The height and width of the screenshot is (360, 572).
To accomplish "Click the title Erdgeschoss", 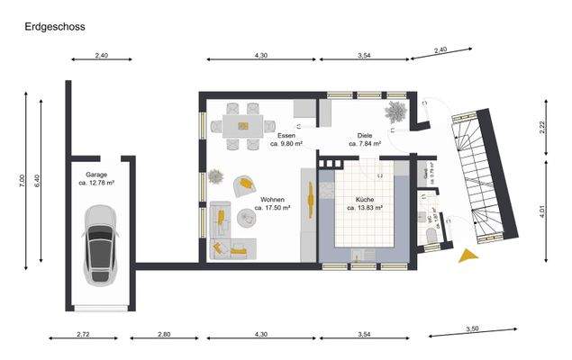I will click(55, 27).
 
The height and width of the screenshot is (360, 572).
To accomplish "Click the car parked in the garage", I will click(98, 242).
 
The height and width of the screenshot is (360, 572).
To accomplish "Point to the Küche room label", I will click(365, 202).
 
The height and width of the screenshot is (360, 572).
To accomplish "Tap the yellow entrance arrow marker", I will click(468, 256).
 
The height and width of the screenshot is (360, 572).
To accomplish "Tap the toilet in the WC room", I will click(426, 235).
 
